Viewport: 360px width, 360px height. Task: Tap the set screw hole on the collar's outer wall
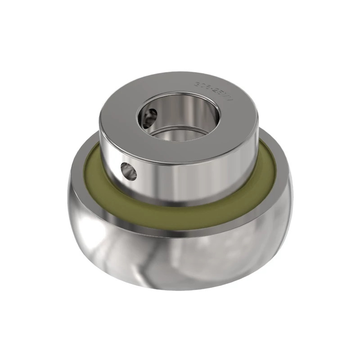tap(129, 171)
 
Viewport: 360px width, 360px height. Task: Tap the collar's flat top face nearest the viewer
tap(180, 151)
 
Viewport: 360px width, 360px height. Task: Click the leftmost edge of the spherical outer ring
tap(69, 202)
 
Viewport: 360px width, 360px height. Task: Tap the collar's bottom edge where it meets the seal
tap(180, 204)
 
